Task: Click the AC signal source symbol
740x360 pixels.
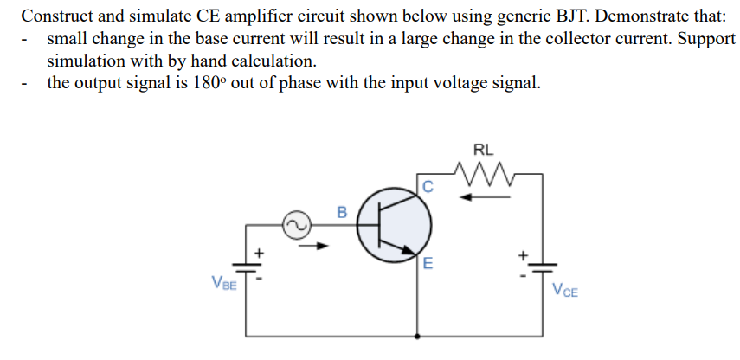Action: coord(293,226)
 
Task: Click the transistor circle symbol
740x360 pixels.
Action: coord(396,226)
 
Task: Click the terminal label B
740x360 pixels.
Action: coord(341,211)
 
